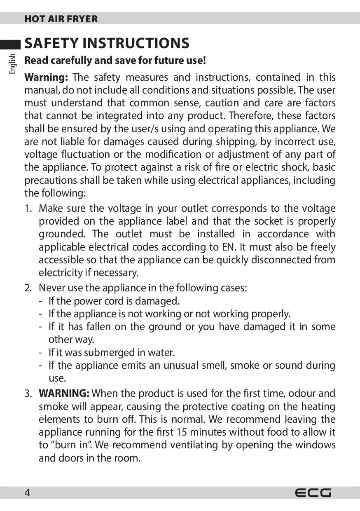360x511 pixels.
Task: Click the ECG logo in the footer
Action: coord(313,493)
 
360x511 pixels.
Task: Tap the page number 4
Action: coord(27,493)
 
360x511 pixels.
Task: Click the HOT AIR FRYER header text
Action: coord(61,19)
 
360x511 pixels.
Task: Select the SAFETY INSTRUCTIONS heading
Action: coord(107,43)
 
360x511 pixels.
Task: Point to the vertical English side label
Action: coord(13,63)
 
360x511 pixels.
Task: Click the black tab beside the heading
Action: coord(10,44)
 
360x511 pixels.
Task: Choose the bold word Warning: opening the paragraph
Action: coord(46,77)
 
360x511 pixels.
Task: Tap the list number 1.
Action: coord(28,209)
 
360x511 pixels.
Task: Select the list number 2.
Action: coord(28,288)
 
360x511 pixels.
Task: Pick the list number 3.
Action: coord(28,394)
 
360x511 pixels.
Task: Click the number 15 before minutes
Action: coord(182,432)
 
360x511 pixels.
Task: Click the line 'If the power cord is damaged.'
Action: coord(114,301)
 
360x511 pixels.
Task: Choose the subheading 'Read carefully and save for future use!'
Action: coord(115,61)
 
